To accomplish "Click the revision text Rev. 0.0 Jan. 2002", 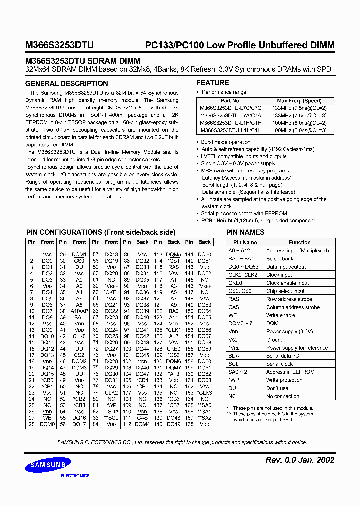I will pyautogui.click(x=298, y=460).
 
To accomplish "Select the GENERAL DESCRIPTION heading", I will pyautogui.click(x=66, y=84).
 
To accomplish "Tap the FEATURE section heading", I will pyautogui.click(x=212, y=83).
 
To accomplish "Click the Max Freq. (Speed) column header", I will pyautogui.click(x=299, y=100).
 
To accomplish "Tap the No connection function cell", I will pyautogui.click(x=283, y=396).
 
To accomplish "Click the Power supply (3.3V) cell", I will pyautogui.click(x=289, y=331).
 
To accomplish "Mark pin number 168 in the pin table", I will pyautogui.click(x=189, y=424).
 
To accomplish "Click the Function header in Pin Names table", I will pyautogui.click(x=299, y=242).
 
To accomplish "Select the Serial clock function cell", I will pyautogui.click(x=279, y=364).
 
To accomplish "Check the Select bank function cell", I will pyautogui.click(x=280, y=259).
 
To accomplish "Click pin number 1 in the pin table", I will pyautogui.click(x=31, y=254).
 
